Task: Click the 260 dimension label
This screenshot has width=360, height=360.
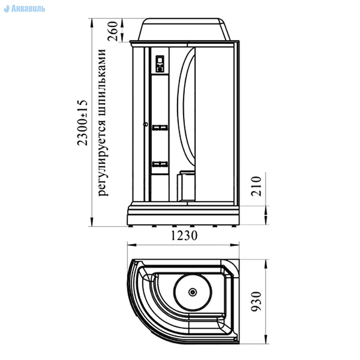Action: point(113,31)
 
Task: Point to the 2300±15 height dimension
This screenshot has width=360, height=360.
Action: point(82,123)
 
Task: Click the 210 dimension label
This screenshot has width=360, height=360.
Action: point(256,186)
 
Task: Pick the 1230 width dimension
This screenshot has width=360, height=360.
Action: point(184,236)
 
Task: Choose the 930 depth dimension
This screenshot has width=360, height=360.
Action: point(256,301)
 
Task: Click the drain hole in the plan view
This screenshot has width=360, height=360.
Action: point(192,292)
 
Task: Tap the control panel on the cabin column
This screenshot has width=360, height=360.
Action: point(160,64)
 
